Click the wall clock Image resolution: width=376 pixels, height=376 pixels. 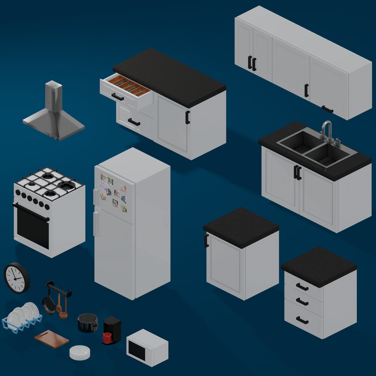tap(16, 278)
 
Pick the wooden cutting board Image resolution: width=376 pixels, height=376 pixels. tap(52, 339)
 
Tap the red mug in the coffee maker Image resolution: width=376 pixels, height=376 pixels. tap(107, 337)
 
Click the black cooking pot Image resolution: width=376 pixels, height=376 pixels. tap(87, 323)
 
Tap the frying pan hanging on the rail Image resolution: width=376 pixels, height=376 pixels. tap(48, 305)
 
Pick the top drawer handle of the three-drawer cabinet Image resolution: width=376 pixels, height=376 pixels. tap(302, 287)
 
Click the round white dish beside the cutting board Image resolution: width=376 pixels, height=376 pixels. tap(80, 352)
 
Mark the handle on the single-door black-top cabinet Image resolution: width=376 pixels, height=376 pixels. tap(206, 241)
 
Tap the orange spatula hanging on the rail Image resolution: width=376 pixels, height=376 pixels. tap(59, 304)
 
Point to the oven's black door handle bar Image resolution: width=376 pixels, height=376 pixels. tap(31, 212)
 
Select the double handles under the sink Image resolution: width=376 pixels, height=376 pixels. tap(297, 172)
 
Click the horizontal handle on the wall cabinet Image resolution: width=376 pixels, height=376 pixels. tap(327, 109)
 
